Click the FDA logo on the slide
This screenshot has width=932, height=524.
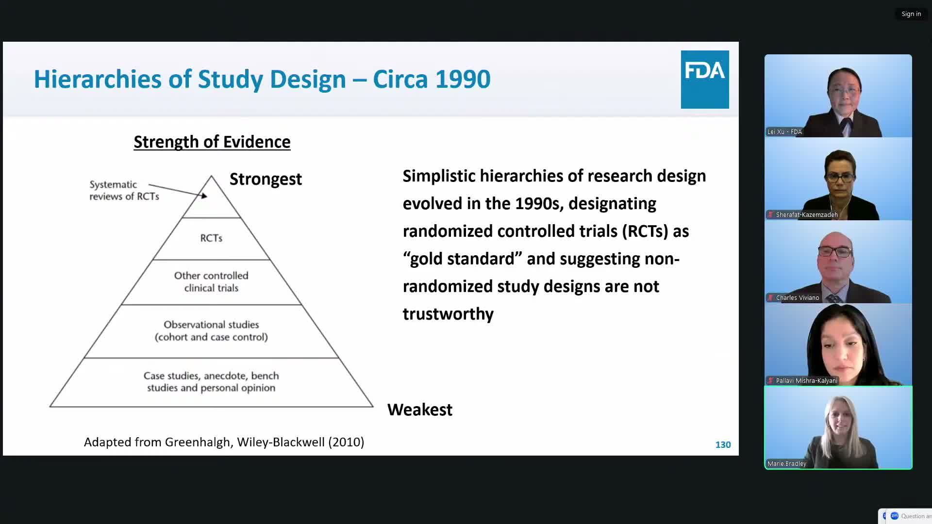point(704,79)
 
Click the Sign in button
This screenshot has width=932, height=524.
point(911,14)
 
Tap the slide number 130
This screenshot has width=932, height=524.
point(723,444)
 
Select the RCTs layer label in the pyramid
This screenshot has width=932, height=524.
point(211,238)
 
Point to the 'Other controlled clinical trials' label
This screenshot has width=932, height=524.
point(211,281)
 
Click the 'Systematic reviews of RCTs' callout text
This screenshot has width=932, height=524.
point(124,190)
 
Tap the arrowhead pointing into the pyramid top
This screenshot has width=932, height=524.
point(204,196)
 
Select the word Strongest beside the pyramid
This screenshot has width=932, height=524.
point(266,179)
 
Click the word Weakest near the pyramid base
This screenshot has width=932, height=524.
point(419,409)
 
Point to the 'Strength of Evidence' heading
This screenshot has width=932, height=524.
point(212,142)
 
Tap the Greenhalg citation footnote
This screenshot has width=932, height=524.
point(224,442)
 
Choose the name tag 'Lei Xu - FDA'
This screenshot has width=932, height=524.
point(784,131)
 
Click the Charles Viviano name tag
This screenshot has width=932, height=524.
point(797,297)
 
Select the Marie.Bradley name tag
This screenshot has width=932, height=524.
point(786,463)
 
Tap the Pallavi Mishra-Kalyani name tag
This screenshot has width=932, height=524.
point(806,380)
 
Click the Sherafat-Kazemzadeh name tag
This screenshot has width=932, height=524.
point(806,214)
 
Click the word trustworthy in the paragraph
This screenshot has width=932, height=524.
point(448,314)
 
